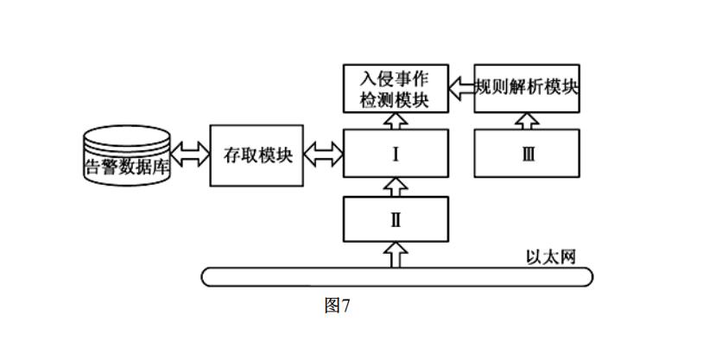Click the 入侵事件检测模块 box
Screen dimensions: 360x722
pos(396,88)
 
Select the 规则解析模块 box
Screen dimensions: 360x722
pos(527,88)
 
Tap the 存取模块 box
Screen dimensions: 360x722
pos(257,155)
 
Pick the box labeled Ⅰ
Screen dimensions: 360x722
pos(396,155)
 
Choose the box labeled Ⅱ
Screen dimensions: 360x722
pos(396,218)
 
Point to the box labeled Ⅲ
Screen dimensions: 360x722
pos(527,155)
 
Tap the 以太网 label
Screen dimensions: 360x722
pos(550,256)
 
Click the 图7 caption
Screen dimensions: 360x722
pos(337,305)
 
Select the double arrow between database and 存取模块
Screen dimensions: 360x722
pos(191,155)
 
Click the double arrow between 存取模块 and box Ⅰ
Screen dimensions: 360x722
pos(324,155)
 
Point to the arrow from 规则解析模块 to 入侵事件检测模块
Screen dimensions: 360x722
pos(461,86)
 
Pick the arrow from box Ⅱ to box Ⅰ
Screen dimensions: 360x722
pos(396,185)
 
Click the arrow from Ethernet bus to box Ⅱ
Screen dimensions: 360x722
pos(396,254)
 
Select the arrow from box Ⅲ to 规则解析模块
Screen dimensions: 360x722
pos(527,120)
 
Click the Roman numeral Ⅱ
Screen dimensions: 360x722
pos(396,218)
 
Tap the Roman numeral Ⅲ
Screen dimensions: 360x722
pos(527,155)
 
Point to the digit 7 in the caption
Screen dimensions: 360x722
pos(345,305)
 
